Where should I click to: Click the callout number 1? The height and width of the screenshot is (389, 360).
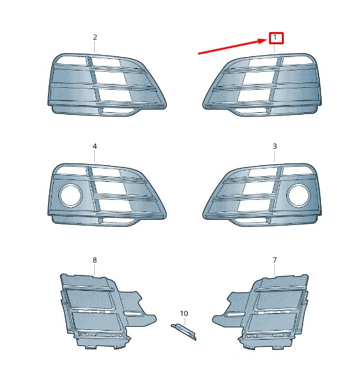coord(275,38)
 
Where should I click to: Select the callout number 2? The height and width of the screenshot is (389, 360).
coord(95,37)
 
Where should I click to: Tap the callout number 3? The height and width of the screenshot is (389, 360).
coord(275,146)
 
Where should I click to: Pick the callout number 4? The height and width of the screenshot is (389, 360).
coord(95,146)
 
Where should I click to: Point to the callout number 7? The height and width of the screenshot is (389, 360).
coord(275,260)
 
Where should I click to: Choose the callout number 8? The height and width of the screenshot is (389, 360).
coord(95,260)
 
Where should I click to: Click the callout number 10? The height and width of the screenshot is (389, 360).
coord(184,313)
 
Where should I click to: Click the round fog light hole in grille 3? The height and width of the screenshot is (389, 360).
coord(298,195)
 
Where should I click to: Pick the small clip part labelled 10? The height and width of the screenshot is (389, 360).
coord(184,331)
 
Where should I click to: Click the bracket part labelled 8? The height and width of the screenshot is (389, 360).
coord(96,311)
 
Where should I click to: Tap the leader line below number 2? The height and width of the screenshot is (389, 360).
coord(95,47)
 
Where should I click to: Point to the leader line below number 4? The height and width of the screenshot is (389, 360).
coord(95,157)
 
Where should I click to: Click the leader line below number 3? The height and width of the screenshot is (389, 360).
coord(275,157)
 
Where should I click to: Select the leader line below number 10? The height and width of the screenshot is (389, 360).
coord(184,320)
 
